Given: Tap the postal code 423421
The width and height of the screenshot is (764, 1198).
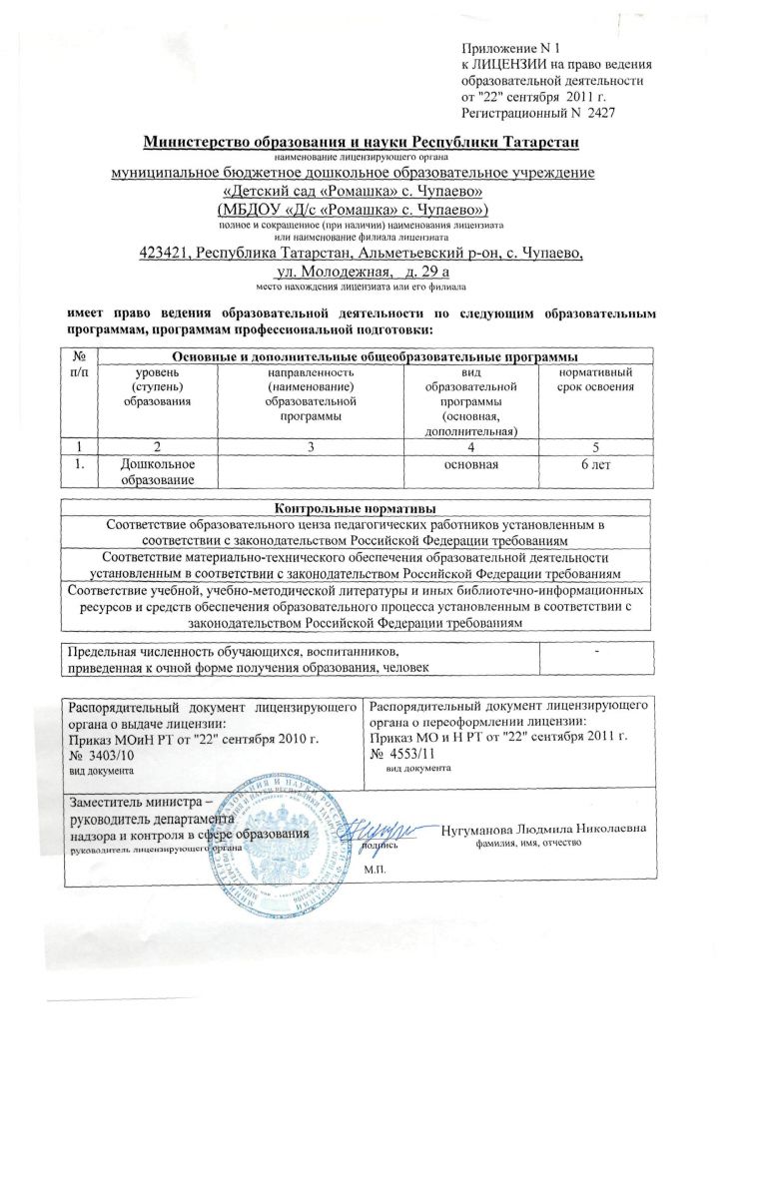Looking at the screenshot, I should [167, 254].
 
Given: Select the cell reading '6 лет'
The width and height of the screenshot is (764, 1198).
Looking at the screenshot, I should [596, 465].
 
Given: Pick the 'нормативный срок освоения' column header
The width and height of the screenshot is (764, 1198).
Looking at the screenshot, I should [597, 378].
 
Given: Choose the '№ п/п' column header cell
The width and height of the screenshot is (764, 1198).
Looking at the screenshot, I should [79, 363].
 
